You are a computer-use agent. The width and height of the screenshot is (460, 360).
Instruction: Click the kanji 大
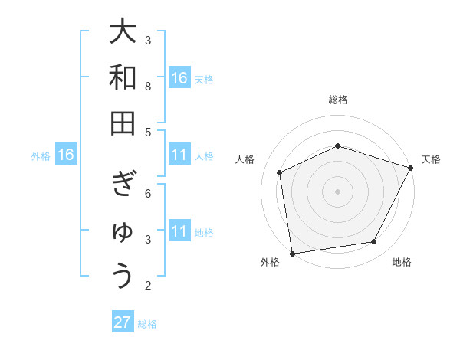tap(123, 32)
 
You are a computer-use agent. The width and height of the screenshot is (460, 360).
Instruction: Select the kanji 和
tap(123, 77)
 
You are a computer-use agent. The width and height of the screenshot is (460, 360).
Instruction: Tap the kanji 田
tap(123, 123)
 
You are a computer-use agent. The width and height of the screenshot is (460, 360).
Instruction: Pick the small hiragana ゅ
tap(123, 232)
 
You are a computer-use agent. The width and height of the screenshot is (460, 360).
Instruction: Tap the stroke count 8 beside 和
tap(148, 86)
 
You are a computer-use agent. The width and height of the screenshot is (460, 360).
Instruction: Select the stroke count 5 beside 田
tap(148, 132)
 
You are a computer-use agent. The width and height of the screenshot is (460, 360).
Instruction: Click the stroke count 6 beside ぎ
tap(148, 193)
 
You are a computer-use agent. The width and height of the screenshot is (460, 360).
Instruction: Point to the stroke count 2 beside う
tap(148, 286)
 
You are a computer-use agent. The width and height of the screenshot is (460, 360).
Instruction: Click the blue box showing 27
tap(123, 322)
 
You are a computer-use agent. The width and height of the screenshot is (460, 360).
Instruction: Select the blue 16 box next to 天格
tap(179, 78)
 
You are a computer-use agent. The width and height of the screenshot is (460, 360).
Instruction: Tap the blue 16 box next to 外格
tap(66, 155)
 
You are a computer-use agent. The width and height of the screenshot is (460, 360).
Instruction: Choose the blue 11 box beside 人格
tap(179, 155)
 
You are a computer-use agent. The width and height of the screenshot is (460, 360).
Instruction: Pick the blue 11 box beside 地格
tap(179, 231)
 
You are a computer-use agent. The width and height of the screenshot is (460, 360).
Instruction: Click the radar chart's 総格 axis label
tap(338, 100)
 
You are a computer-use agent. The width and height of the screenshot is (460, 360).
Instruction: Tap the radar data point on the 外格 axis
tap(292, 253)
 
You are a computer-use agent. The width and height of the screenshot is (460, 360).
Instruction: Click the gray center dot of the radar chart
tap(338, 191)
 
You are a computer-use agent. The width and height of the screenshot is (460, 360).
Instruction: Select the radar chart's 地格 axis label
tap(402, 262)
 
